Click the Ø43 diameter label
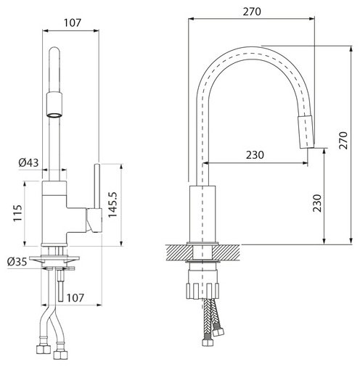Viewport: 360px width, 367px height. pos(28,162)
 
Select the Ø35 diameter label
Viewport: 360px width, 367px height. pos(17,262)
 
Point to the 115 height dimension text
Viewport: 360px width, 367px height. pos(17,213)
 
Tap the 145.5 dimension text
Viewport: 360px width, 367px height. pos(112,205)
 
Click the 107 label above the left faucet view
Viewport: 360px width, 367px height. pos(73,22)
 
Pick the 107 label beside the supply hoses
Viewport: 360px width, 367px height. pos(75,298)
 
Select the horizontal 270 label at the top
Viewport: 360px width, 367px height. pos(252,12)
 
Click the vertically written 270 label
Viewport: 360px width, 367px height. pos(343,141)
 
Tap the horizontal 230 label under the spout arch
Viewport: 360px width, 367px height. pos(255,155)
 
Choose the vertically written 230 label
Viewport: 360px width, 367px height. pos(317,203)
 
